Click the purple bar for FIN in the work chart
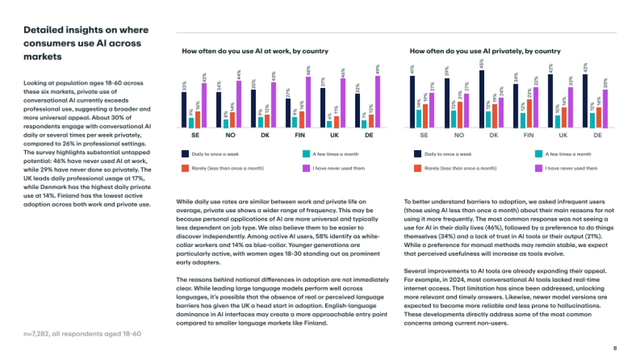[x=308, y=102]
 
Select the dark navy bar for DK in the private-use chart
[x=482, y=99]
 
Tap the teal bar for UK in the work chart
[x=329, y=124]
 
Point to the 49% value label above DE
[x=378, y=69]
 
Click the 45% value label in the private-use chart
[x=482, y=64]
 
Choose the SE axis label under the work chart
[x=195, y=135]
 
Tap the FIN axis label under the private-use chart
[x=529, y=135]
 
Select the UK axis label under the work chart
[x=334, y=135]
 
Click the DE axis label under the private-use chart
[x=598, y=135]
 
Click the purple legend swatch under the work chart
[x=306, y=168]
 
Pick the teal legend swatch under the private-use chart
[x=538, y=154]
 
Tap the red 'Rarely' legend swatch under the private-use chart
[x=418, y=168]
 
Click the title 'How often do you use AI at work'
[x=255, y=51]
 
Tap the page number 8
[x=615, y=348]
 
